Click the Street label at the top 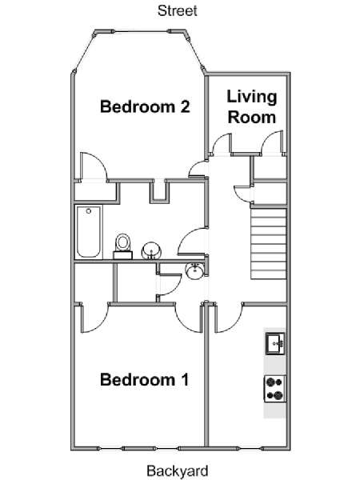coord(178,10)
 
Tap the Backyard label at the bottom coord(178,470)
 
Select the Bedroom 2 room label coord(145,106)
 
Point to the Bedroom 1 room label coord(144,379)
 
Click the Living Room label coord(252,107)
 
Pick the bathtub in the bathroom coord(89,232)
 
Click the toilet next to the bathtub coord(123,246)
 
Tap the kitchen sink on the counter coord(275,344)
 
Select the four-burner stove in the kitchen coord(275,389)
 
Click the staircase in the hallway coord(269,244)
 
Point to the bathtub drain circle coord(89,211)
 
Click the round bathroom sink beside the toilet coord(151,250)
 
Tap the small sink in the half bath coord(194,271)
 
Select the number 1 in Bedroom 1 coord(185,379)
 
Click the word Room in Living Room coord(252,118)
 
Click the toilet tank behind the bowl coord(122,255)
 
